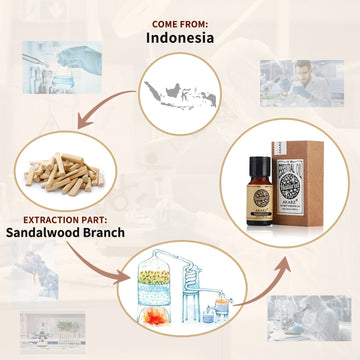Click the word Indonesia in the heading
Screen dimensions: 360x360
181,37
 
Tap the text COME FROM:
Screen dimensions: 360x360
180,20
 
